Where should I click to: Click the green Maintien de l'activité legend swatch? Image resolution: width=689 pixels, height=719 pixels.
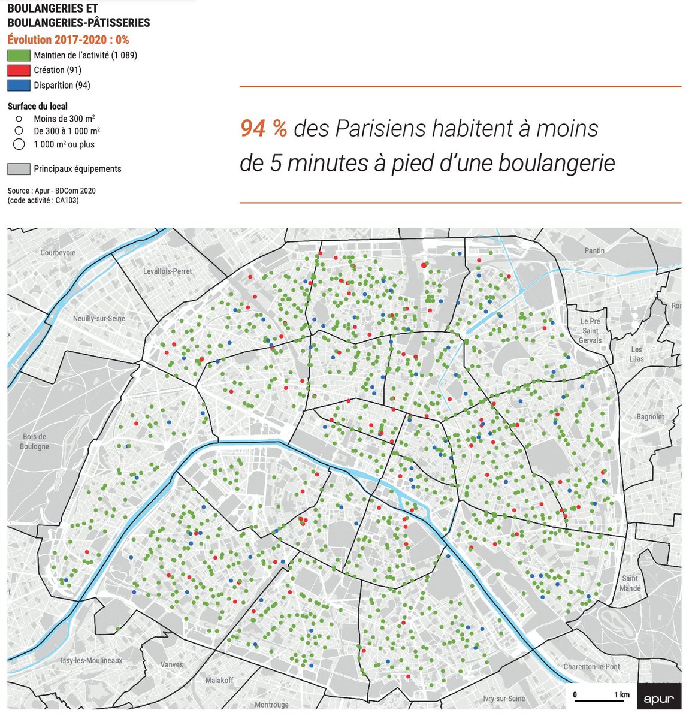19,55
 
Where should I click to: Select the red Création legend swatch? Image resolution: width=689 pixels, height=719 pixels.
19,70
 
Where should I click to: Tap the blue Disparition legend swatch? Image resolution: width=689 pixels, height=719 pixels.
19,85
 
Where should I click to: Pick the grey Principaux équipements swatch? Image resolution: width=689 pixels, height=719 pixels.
19,169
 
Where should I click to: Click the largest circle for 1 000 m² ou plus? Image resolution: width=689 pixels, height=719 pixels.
19,144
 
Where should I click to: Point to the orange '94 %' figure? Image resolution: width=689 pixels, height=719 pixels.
264,128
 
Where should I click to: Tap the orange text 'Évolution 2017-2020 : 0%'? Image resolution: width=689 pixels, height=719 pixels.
68,40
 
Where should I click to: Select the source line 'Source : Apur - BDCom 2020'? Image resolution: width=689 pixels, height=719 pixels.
52,191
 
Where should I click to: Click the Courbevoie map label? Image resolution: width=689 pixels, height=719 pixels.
58,253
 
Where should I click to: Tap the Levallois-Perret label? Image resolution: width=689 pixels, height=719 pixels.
168,271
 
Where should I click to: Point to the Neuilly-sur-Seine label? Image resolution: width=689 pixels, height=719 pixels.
99,318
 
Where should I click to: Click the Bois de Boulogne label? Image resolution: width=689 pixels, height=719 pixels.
34,442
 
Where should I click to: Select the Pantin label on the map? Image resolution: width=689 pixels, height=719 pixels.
594,250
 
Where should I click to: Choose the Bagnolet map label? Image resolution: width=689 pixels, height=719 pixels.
650,416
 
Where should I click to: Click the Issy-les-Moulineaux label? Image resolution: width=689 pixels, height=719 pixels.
92,660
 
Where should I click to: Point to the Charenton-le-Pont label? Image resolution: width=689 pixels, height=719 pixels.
591,666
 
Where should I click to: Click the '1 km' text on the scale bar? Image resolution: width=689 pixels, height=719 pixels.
621,695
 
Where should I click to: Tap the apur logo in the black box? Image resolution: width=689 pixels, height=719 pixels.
659,699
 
